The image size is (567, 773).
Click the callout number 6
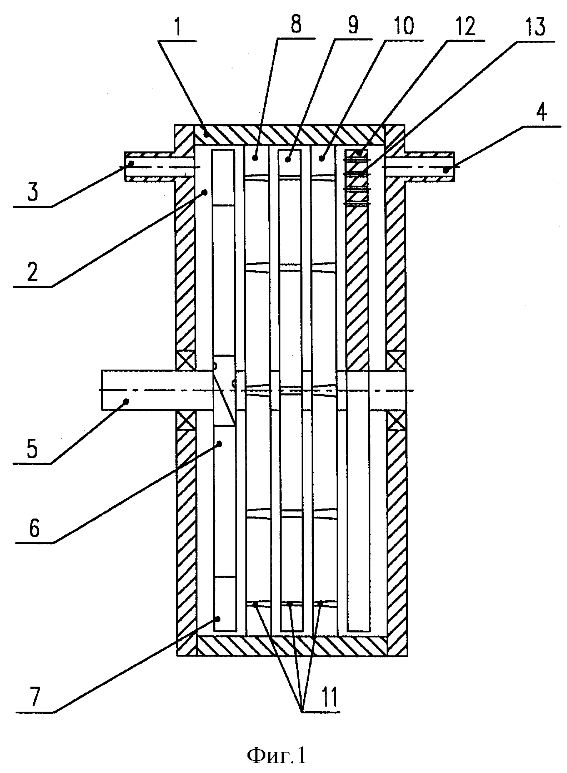34,529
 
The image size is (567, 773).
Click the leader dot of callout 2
205,192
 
